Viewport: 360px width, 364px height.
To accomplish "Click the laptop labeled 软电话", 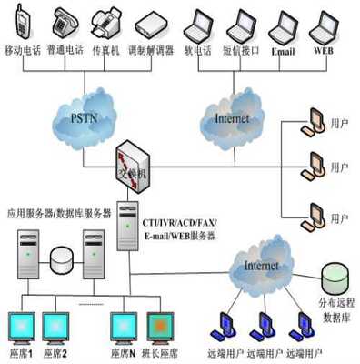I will tap(198, 21).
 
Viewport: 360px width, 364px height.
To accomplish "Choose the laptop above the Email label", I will tap(284, 22).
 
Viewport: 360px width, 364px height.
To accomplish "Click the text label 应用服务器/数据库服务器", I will tap(57, 214).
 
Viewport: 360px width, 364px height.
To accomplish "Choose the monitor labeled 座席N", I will tap(123, 325).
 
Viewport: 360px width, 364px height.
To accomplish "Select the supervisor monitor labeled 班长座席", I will tap(160, 325).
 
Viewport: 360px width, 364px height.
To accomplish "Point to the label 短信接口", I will tap(239, 52).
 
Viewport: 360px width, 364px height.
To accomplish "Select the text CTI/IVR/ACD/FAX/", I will tap(179, 222).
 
